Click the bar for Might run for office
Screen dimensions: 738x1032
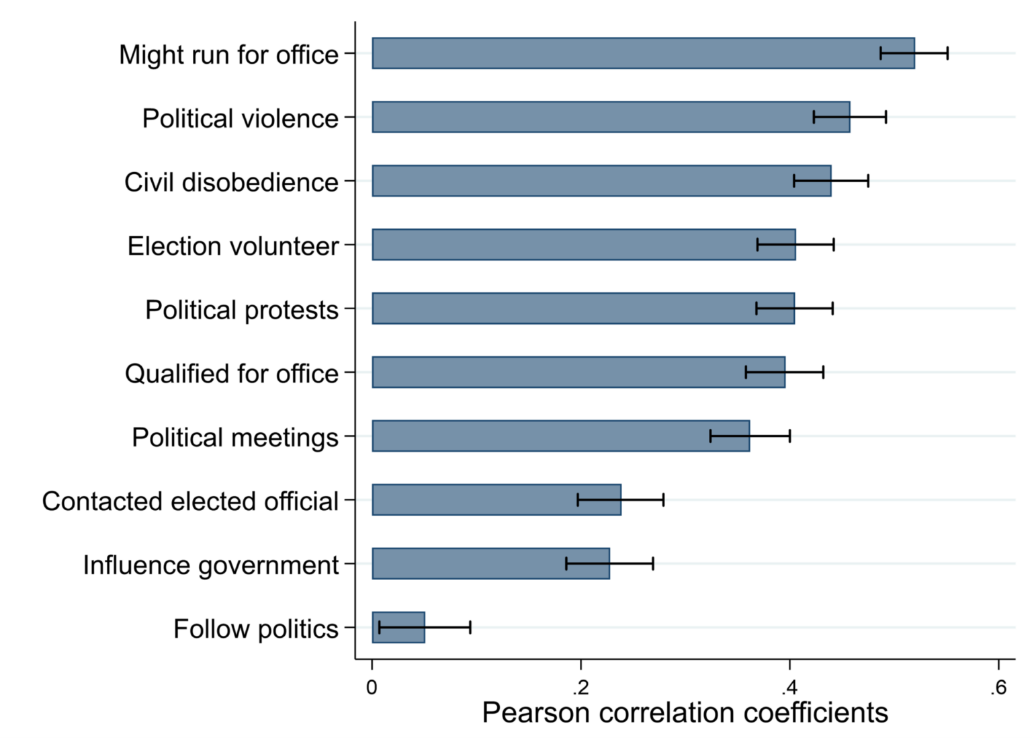(x=625, y=53)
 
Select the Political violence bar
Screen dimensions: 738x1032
(x=591, y=117)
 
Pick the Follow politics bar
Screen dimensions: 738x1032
(x=398, y=627)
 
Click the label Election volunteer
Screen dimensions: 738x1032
(x=232, y=246)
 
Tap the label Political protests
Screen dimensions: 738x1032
(x=242, y=310)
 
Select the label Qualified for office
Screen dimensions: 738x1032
(x=232, y=374)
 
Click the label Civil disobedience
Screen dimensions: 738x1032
(x=231, y=182)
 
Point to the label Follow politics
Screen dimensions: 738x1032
(x=256, y=629)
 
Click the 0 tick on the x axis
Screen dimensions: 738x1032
(x=372, y=687)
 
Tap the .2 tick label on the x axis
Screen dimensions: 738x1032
(x=580, y=687)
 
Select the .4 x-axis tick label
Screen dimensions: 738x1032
(x=789, y=687)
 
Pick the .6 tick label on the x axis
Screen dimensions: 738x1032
(x=998, y=687)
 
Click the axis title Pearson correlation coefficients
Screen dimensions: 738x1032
(x=685, y=712)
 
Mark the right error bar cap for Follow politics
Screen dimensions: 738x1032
(x=470, y=627)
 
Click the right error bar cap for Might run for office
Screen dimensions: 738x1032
(x=947, y=53)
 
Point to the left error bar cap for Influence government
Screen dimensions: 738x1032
(x=566, y=563)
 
